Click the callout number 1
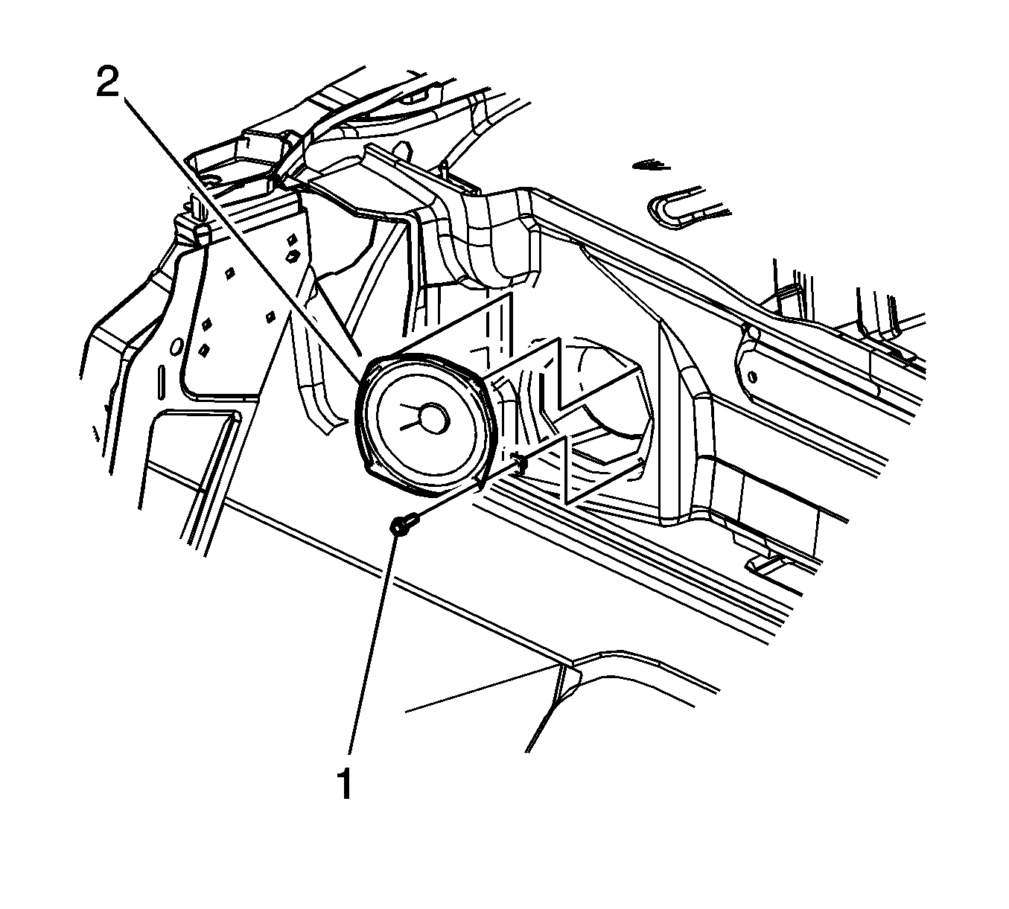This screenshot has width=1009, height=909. pos(344,785)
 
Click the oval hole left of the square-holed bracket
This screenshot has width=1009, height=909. pos(176,346)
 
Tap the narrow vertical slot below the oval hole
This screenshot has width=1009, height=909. pos(160,383)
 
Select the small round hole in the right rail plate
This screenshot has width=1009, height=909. pos(752,375)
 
